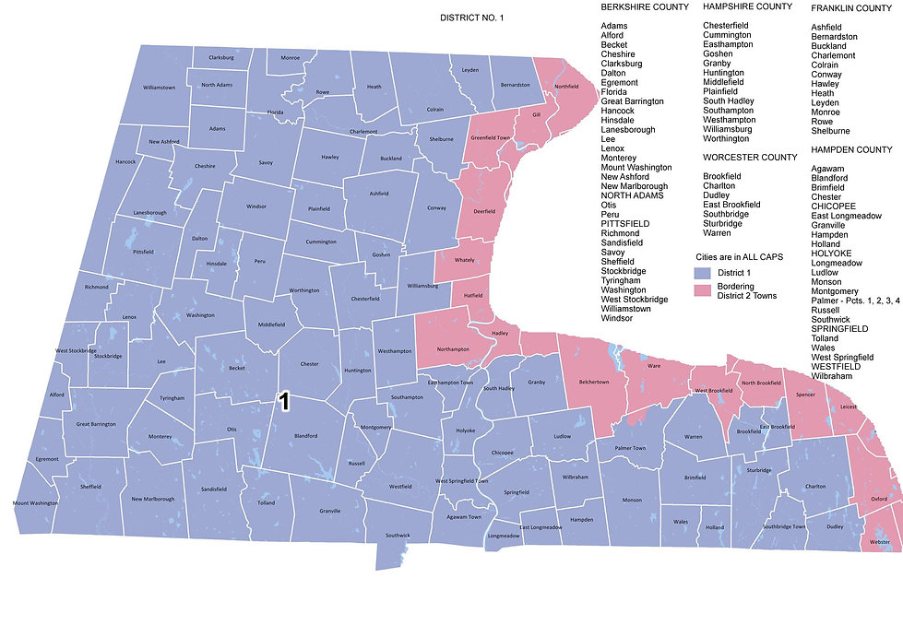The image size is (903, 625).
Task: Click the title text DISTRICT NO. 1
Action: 472,17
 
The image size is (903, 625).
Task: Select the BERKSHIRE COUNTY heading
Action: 644,7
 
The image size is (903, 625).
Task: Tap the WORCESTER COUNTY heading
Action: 749,158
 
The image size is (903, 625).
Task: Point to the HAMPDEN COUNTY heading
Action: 851,149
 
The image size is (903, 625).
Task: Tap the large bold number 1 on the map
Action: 285,401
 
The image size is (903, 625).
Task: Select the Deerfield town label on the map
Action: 484,211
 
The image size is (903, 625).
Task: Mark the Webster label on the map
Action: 880,542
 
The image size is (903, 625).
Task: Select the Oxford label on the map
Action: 879,499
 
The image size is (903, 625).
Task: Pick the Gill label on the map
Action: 535,115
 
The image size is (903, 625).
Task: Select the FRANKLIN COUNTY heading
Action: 850,7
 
